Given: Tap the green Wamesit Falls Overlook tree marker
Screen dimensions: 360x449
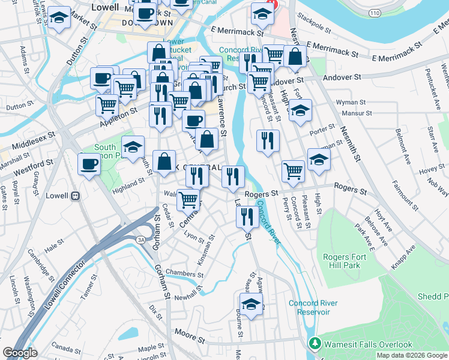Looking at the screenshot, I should (314, 344).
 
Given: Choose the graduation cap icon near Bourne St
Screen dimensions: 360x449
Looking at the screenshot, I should (252, 303).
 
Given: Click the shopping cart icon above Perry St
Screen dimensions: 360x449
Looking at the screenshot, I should (293, 171).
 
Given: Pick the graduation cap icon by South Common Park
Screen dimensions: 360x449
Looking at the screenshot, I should (133, 146).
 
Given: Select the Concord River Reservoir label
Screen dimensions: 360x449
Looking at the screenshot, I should (309, 307).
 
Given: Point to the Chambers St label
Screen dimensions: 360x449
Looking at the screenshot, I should (181, 274).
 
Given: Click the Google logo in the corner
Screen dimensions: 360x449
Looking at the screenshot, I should (20, 353).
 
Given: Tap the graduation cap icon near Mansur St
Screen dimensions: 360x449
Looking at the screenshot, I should (300, 111).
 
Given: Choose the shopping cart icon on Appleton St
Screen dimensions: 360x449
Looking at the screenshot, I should (107, 105).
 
